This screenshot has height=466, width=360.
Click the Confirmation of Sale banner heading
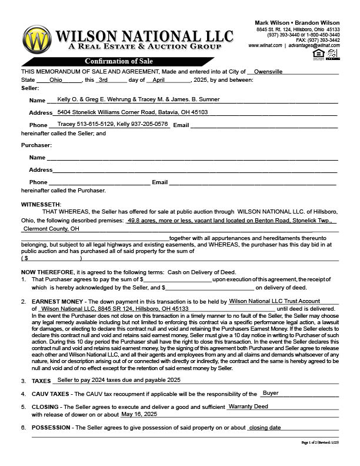[x=114, y=61]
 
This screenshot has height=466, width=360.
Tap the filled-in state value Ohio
[x=56, y=80]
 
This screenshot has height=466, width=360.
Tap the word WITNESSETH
[x=45, y=204]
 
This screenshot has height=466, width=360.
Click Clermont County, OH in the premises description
[x=51, y=229]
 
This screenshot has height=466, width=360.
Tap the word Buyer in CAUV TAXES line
[x=271, y=393]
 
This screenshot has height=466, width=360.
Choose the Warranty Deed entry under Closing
[x=248, y=406]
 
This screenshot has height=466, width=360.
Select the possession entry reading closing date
[x=265, y=427]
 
